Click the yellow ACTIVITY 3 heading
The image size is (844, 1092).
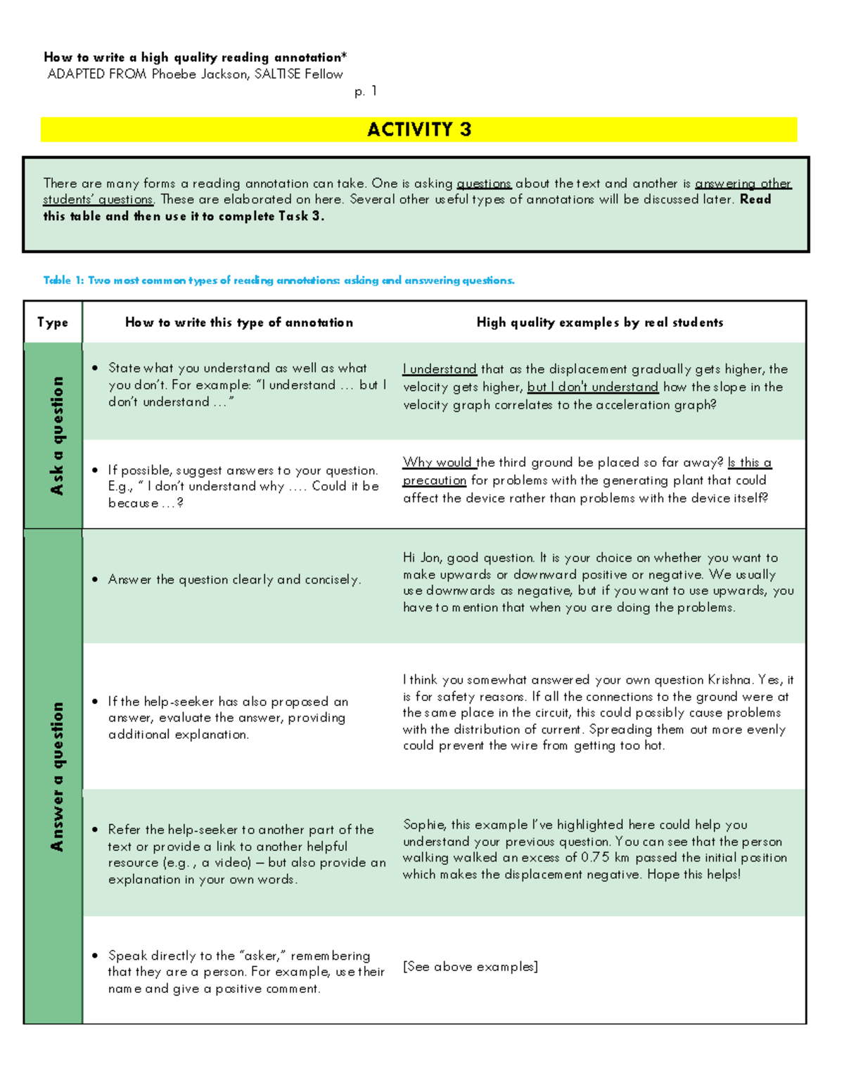[x=419, y=129]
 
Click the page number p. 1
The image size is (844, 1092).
[x=366, y=91]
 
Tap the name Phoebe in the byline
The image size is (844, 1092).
[x=174, y=75]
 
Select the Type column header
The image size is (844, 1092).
[x=53, y=323]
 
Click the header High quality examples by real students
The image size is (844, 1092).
[x=599, y=323]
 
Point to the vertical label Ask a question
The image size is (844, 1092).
[x=56, y=435]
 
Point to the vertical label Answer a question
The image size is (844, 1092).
[x=56, y=776]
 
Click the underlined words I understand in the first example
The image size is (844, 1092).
[x=440, y=369]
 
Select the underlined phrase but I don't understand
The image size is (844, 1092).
[x=592, y=387]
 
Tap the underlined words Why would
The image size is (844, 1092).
[x=437, y=463]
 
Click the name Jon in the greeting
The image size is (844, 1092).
[x=430, y=558]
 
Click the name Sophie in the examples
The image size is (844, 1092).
[x=423, y=825]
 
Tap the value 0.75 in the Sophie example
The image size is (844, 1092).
[x=595, y=858]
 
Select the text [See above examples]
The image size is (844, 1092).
[x=470, y=967]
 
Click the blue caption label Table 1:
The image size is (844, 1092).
[x=63, y=281]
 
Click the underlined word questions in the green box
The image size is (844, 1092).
[x=484, y=184]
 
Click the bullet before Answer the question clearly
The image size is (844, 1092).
[x=95, y=580]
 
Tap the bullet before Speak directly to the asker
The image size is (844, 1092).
[x=95, y=956]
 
